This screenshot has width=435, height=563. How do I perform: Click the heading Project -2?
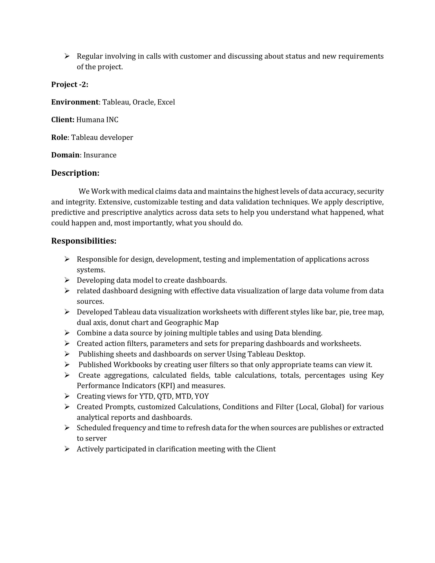[70, 84]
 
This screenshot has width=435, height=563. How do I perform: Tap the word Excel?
[166, 102]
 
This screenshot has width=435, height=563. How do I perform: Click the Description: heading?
[75, 173]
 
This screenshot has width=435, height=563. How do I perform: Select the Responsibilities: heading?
[84, 241]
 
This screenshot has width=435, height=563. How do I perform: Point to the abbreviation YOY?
[202, 397]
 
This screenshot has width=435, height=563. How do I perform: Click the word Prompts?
[120, 407]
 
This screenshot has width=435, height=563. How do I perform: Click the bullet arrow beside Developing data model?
[67, 280]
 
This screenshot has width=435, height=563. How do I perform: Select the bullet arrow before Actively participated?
[67, 449]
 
